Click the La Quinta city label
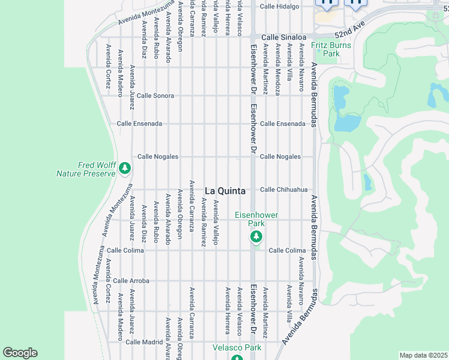click(x=225, y=191)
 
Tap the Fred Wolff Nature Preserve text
click(x=85, y=169)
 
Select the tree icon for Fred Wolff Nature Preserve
click(x=125, y=169)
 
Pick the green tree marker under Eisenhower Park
click(x=256, y=236)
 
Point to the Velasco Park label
click(x=237, y=347)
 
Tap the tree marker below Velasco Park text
click(x=237, y=358)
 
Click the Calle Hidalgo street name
click(x=279, y=6)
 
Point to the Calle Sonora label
click(x=155, y=95)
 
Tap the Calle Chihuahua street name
click(x=283, y=190)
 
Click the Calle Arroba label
click(x=131, y=280)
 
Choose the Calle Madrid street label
click(x=144, y=341)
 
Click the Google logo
click(x=20, y=353)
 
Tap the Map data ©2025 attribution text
click(x=423, y=355)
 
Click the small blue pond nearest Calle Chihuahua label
click(x=367, y=182)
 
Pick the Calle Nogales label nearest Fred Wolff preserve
click(x=158, y=157)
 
